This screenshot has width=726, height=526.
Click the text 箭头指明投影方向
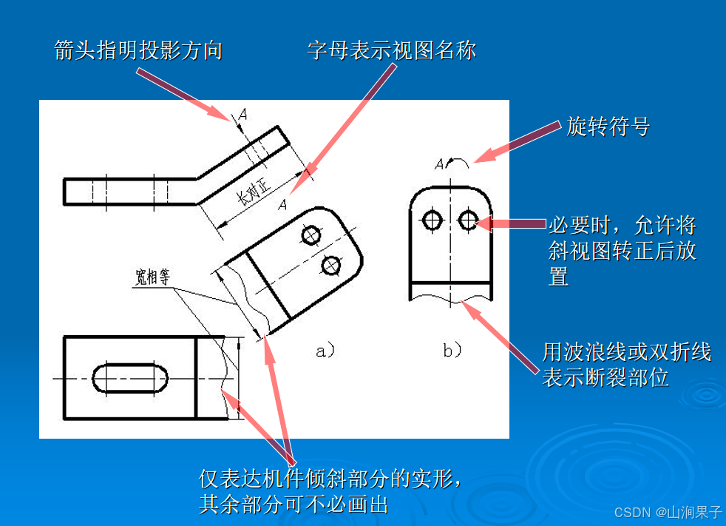pyautogui.click(x=138, y=50)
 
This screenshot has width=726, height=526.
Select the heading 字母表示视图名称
pyautogui.click(x=392, y=50)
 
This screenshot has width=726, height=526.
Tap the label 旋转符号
pyautogui.click(x=608, y=127)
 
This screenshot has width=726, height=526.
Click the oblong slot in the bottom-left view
pyautogui.click(x=129, y=377)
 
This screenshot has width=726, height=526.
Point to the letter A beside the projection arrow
pyautogui.click(x=243, y=114)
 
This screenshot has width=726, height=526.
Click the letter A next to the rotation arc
pyautogui.click(x=439, y=163)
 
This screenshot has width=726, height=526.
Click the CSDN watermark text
pyautogui.click(x=668, y=511)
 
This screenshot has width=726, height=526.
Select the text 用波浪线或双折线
pyautogui.click(x=626, y=351)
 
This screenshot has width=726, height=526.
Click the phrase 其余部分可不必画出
pyautogui.click(x=294, y=505)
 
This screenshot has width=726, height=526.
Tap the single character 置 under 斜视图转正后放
pyautogui.click(x=558, y=277)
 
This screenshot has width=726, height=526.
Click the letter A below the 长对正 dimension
pyautogui.click(x=282, y=205)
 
